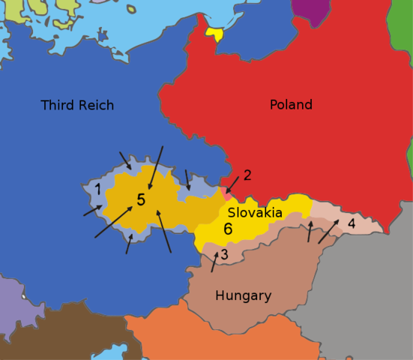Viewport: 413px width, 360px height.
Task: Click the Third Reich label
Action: point(77,105)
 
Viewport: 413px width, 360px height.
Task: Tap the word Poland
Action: point(291,104)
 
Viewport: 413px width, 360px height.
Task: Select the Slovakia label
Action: point(255,213)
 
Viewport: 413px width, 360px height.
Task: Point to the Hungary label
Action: point(243,295)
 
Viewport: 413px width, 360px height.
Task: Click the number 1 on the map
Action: point(97,189)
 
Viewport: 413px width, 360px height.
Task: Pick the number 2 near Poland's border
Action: point(247,175)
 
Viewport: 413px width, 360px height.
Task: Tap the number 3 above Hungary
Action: point(223,255)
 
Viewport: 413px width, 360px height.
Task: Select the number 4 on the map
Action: point(351,223)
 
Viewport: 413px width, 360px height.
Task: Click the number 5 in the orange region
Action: point(141,200)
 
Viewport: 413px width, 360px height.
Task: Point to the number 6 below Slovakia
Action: point(228,229)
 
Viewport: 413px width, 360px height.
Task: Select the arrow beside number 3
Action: point(214,262)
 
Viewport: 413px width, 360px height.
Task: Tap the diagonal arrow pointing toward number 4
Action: point(328,231)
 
